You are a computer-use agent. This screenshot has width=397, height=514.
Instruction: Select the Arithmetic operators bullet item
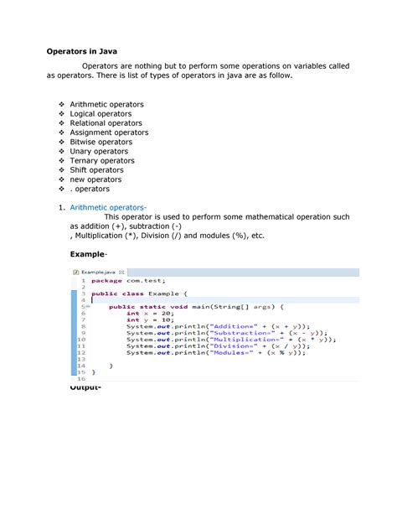106,105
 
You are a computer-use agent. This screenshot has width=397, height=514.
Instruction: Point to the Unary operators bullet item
99,151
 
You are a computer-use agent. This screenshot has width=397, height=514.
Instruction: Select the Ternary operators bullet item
102,160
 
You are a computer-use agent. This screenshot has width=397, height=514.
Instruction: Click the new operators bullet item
95,179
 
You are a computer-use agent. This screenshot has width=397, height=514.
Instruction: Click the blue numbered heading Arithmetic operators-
108,207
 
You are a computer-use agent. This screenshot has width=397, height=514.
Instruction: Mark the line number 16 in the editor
81,379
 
